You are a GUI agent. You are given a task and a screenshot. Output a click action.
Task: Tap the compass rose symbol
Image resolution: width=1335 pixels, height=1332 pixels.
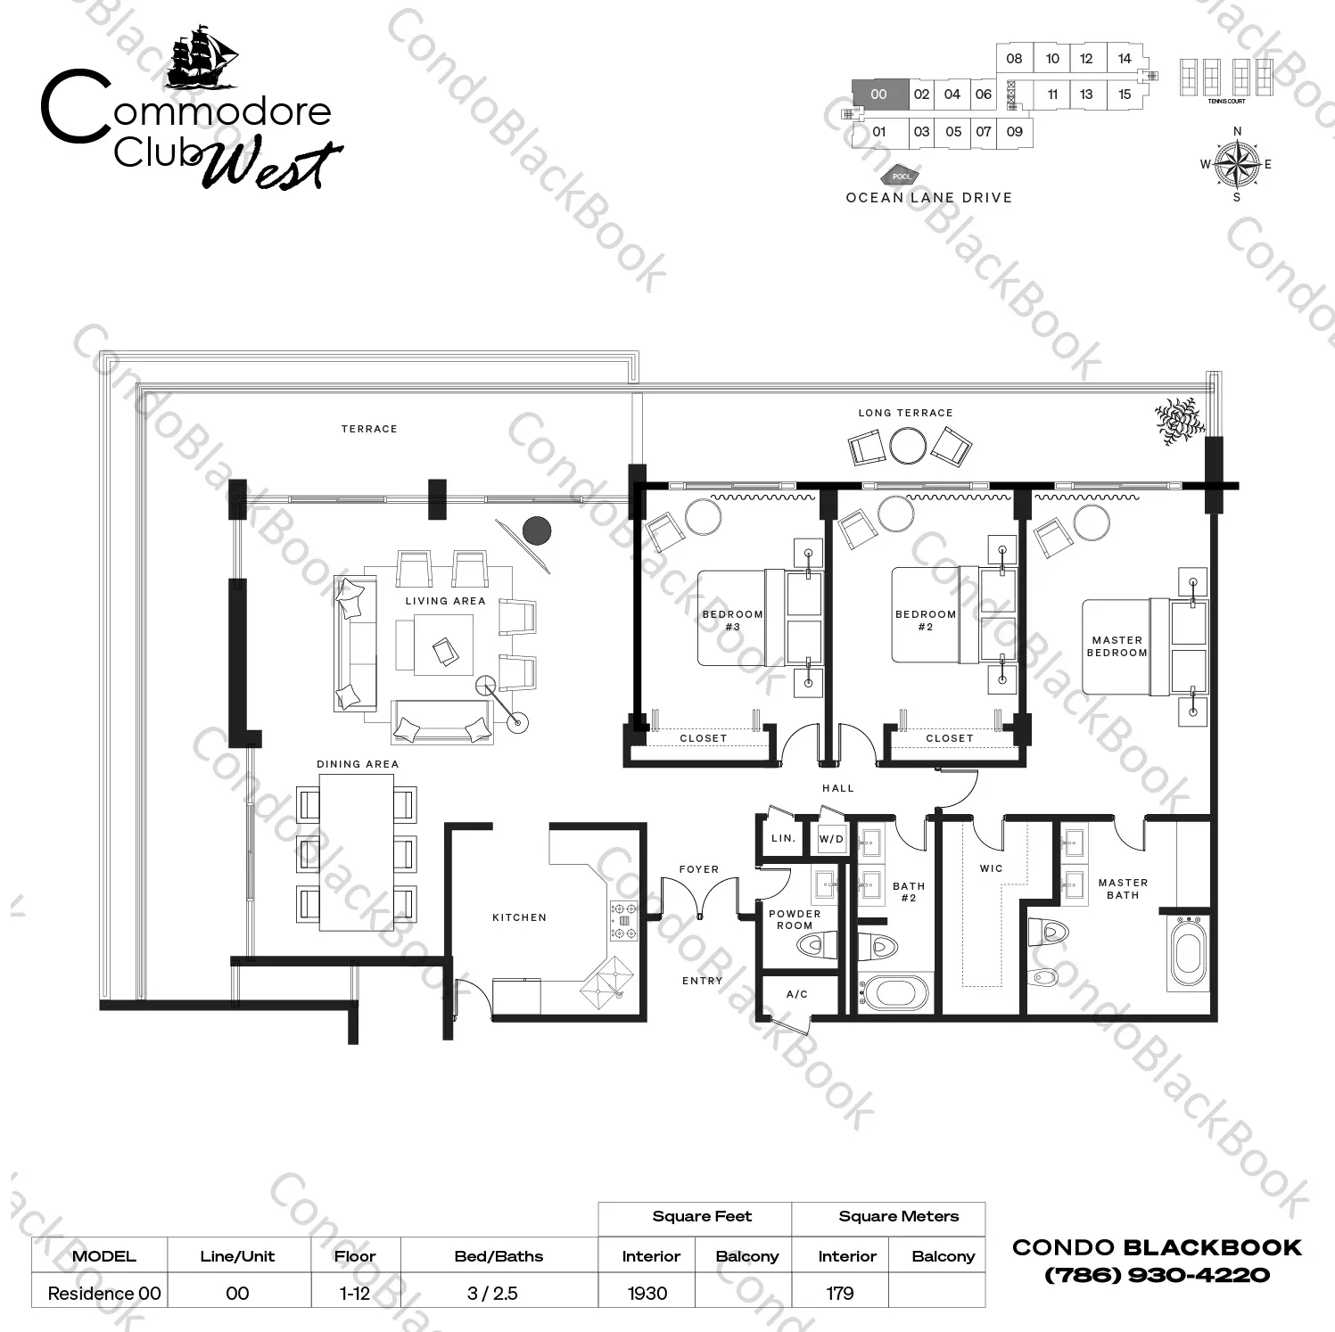[1236, 164]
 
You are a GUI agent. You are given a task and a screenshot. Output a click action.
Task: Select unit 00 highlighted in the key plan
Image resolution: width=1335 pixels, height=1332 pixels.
[880, 95]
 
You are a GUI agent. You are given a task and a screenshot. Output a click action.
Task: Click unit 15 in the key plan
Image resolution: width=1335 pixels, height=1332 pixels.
[1125, 95]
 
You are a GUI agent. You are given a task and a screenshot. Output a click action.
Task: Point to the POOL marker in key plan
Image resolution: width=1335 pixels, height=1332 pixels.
[902, 177]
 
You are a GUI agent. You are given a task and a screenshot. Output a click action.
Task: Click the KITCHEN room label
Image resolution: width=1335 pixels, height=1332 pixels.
[519, 917]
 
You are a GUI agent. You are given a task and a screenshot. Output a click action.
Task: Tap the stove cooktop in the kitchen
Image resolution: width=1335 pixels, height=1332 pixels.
[623, 921]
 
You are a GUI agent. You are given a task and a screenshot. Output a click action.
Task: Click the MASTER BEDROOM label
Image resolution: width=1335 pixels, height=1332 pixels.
[1117, 646]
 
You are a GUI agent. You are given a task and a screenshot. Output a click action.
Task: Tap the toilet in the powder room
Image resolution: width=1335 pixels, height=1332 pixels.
[816, 944]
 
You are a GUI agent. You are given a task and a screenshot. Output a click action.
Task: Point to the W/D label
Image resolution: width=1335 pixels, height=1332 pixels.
[831, 839]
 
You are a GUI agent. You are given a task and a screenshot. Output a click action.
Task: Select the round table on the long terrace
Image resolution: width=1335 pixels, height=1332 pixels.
[909, 446]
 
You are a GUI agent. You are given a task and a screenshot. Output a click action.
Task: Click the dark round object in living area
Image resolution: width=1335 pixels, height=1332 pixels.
[536, 530]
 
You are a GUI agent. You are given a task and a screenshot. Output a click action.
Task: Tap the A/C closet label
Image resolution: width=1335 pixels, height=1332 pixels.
[797, 994]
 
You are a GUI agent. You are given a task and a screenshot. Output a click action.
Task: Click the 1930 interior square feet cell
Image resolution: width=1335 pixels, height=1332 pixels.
[647, 1293]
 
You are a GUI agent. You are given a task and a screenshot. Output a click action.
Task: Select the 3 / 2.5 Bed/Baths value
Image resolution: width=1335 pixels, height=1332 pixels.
[492, 1293]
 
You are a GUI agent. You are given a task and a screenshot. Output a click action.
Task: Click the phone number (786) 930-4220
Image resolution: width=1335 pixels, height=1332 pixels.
[1157, 1275]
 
